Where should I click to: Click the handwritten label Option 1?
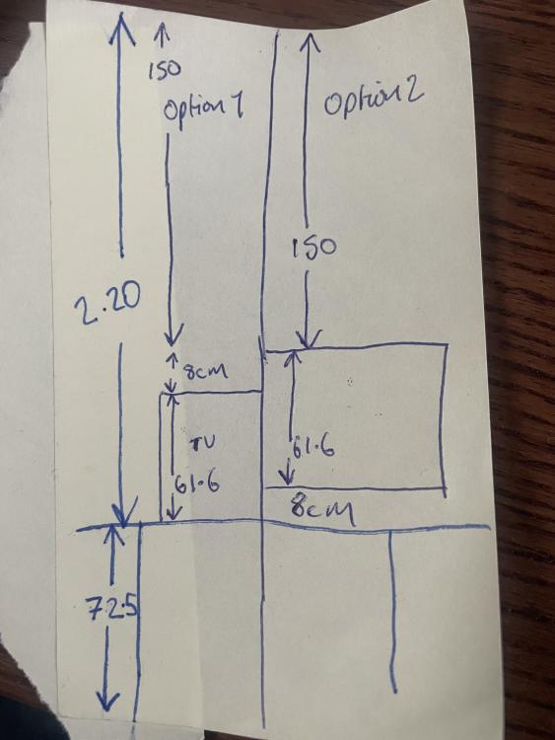point(203,110)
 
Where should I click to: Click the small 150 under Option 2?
point(314,248)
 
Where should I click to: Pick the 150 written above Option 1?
point(165,70)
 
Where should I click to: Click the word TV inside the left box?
point(204,443)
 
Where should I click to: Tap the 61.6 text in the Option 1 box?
point(197,484)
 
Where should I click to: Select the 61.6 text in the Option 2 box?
point(314,448)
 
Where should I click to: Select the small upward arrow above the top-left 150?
point(163,36)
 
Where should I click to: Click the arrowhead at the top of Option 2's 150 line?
point(309,42)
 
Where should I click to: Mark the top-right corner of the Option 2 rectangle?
point(447,345)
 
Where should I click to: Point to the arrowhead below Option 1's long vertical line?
point(173,337)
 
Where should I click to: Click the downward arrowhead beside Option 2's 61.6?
point(289,475)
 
